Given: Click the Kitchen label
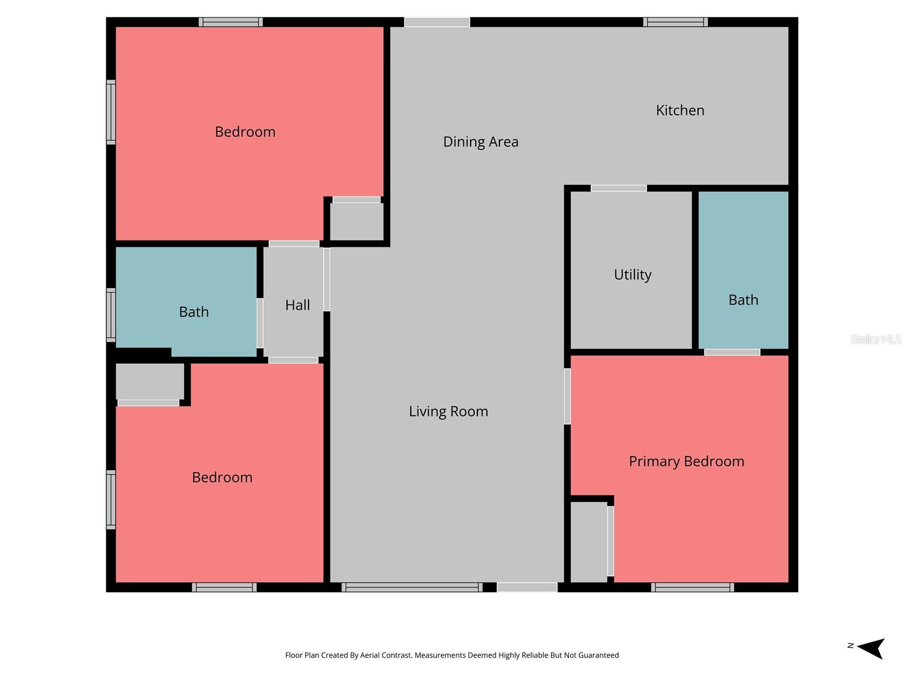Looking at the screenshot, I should pyautogui.click(x=680, y=110).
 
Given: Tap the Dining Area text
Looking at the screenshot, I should pyautogui.click(x=480, y=142).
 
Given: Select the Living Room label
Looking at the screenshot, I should pyautogui.click(x=448, y=411).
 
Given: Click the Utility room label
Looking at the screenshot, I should pyautogui.click(x=632, y=275).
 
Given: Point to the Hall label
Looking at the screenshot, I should pyautogui.click(x=297, y=305).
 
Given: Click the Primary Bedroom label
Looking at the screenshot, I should pyautogui.click(x=686, y=462).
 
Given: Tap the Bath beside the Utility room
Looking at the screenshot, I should pyautogui.click(x=743, y=300).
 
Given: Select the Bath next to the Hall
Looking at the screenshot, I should pyautogui.click(x=194, y=312).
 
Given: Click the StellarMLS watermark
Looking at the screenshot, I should pyautogui.click(x=875, y=339).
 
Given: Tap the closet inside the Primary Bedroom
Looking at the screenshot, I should pyautogui.click(x=588, y=541).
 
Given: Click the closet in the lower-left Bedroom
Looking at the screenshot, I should pyautogui.click(x=150, y=381).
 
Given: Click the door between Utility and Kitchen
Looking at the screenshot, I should pyautogui.click(x=619, y=188).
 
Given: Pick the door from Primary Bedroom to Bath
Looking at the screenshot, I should pyautogui.click(x=732, y=353).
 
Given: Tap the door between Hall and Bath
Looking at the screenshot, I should pyautogui.click(x=260, y=323).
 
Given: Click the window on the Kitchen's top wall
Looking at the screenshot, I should pyautogui.click(x=675, y=22).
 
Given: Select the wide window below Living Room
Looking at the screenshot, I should pyautogui.click(x=412, y=588).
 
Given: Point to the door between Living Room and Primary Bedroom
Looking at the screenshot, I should pyautogui.click(x=567, y=396).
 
